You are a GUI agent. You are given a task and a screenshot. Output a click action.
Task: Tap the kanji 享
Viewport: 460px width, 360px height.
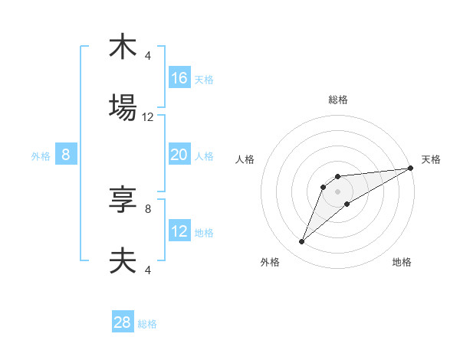[123, 200]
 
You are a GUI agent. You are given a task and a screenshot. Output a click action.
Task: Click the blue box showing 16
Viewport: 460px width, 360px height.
[179, 78]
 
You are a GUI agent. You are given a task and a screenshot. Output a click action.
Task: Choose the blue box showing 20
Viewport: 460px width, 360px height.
[179, 155]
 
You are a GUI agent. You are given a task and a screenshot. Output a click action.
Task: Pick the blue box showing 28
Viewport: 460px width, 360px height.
[123, 322]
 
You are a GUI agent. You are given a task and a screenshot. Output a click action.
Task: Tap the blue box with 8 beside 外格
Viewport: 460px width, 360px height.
[66, 155]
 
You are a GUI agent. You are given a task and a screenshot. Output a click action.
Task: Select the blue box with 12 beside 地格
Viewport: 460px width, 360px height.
[179, 231]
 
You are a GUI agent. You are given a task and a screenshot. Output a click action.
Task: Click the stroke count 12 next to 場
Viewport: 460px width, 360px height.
[148, 117]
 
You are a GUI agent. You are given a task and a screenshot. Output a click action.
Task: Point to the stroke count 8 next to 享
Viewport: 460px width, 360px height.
[148, 208]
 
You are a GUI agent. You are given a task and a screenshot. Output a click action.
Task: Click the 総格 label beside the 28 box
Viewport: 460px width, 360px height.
[147, 324]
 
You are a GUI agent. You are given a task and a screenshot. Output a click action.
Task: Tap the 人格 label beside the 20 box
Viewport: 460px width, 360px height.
[204, 156]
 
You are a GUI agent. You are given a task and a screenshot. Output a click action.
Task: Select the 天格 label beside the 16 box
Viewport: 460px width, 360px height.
[204, 79]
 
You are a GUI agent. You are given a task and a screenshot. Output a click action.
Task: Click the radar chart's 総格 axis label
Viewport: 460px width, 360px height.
[338, 100]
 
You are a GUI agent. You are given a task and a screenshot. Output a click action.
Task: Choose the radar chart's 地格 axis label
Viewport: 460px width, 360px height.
[402, 263]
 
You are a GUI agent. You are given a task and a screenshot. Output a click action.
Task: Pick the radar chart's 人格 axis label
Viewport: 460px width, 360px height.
[245, 159]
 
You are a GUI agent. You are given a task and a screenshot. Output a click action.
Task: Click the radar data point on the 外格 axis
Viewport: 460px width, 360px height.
[301, 242]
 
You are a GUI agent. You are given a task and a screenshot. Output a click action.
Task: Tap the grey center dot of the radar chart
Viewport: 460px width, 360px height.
[338, 191]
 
